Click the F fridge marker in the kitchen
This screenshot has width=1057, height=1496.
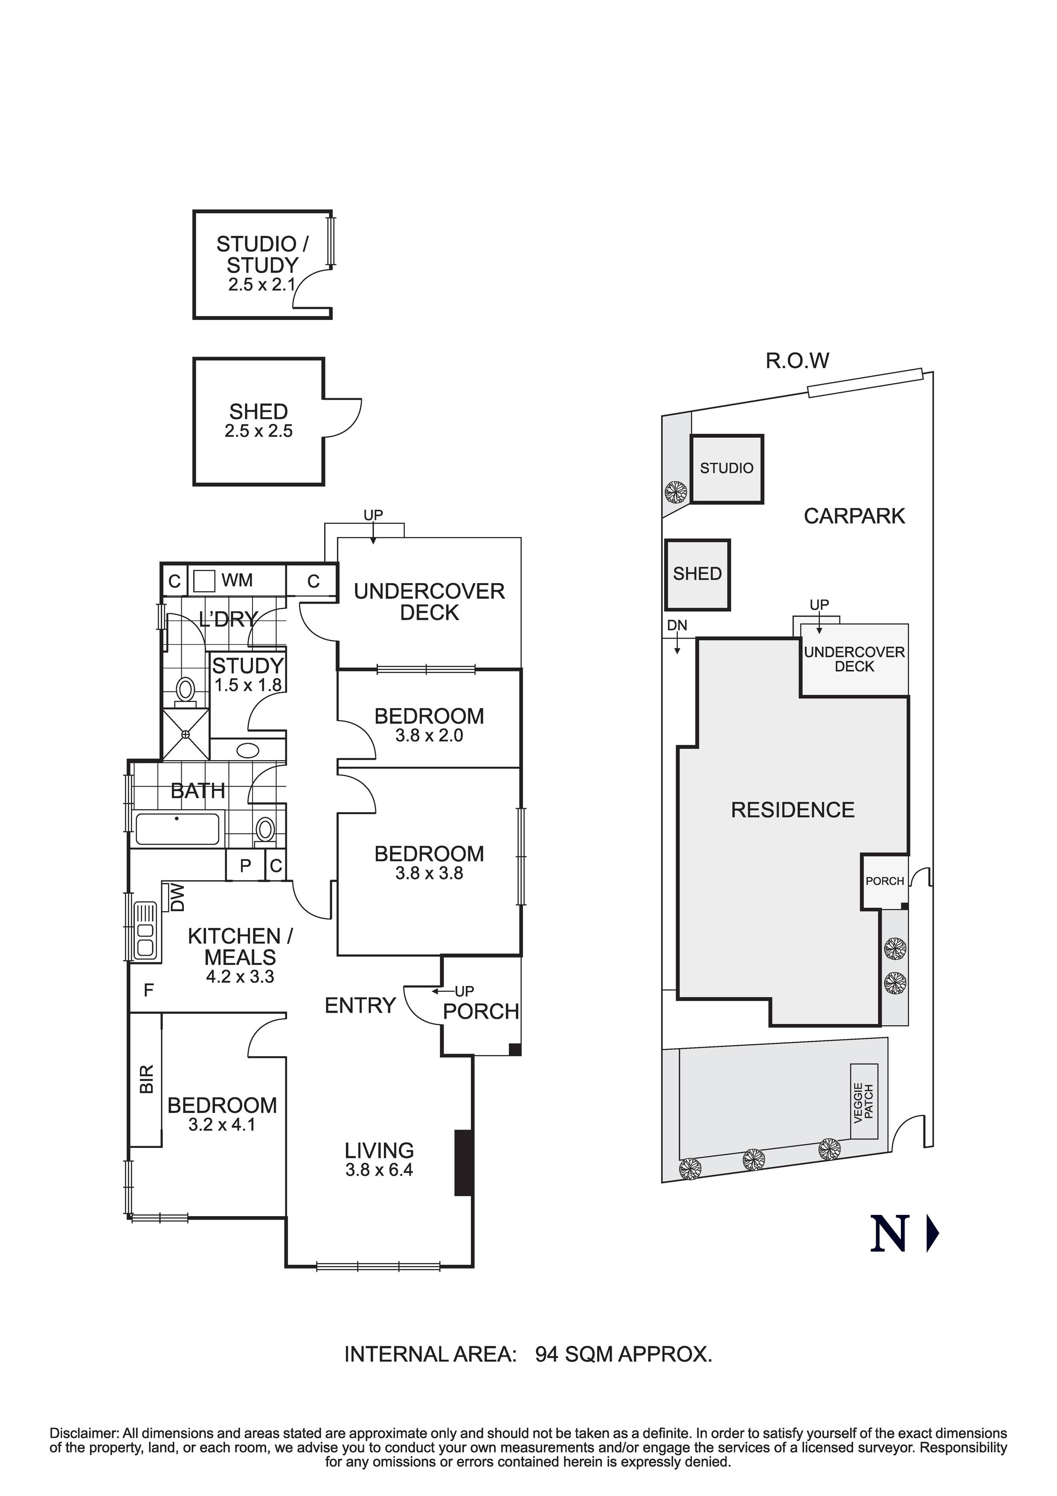148,991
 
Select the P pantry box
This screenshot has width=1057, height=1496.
246,866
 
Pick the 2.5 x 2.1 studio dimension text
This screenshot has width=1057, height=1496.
261,285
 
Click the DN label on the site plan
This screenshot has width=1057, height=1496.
677,625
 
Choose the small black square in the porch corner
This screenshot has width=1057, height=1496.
515,1050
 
